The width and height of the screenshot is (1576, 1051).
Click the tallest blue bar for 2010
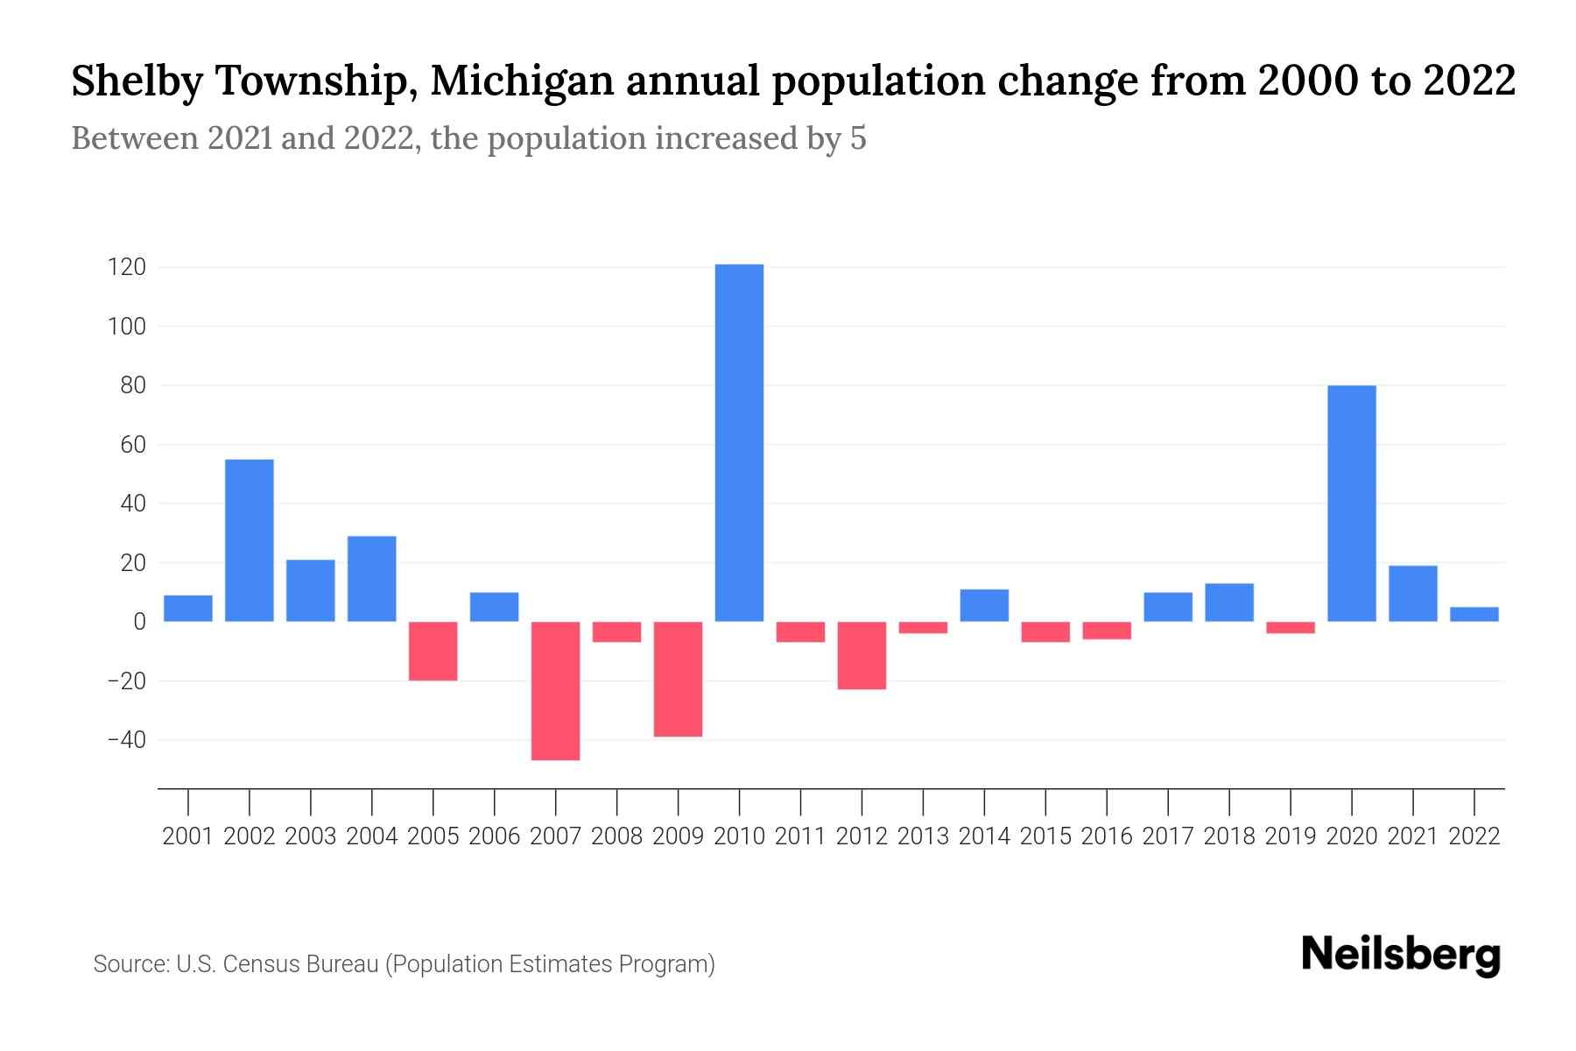[739, 442]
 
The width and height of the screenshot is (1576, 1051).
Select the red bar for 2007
[555, 690]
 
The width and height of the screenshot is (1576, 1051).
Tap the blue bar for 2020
[1351, 504]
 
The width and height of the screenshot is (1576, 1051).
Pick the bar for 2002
[250, 540]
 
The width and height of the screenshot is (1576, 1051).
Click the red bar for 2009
[678, 679]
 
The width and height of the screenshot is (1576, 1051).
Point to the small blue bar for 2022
[1474, 614]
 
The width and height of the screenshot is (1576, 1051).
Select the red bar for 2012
[862, 655]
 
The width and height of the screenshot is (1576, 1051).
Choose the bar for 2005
[433, 651]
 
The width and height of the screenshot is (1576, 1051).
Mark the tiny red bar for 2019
[1290, 627]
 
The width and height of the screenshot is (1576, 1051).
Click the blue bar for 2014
[984, 605]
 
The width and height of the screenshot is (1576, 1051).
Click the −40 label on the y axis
[126, 740]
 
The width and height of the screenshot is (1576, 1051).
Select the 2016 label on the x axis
[1107, 836]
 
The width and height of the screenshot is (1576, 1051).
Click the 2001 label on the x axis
[188, 836]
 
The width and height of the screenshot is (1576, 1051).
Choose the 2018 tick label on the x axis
[1229, 836]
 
